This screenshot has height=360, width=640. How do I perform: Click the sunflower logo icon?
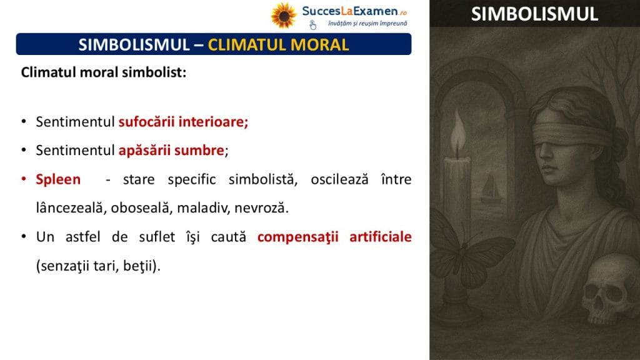click(x=283, y=16)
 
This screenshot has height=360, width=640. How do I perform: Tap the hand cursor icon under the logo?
click(x=312, y=25)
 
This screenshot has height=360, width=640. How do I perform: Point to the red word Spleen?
click(x=58, y=179)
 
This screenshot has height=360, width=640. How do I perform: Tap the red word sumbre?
click(x=199, y=150)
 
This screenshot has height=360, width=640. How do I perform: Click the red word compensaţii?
click(x=298, y=237)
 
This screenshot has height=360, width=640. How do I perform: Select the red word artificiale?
click(x=381, y=237)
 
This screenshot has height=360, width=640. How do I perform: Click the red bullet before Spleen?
click(x=24, y=179)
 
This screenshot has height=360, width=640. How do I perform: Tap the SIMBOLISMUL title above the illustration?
click(x=534, y=14)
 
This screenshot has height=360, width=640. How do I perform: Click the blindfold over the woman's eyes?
click(x=571, y=132)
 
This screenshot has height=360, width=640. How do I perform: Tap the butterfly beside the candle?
click(x=469, y=253)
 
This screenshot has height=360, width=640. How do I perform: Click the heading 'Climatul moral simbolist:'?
click(x=104, y=72)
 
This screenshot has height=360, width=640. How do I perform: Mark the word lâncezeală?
click(x=69, y=207)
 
